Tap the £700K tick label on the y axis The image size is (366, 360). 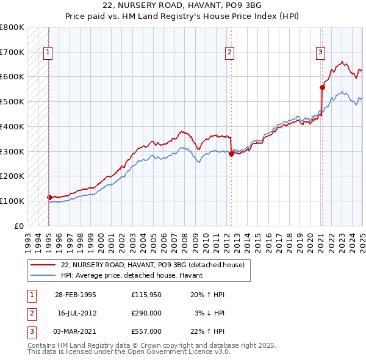tap(12, 52)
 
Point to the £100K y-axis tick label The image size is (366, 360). tap(12, 201)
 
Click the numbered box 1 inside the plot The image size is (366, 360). tap(48, 52)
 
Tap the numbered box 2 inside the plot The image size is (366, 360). tap(230, 52)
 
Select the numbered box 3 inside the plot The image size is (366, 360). tap(320, 52)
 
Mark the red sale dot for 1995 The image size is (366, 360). tap(49, 197)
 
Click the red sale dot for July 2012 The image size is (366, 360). tap(231, 154)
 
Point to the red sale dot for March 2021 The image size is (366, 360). tap(322, 87)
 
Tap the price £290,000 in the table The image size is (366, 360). tap(146, 312)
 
